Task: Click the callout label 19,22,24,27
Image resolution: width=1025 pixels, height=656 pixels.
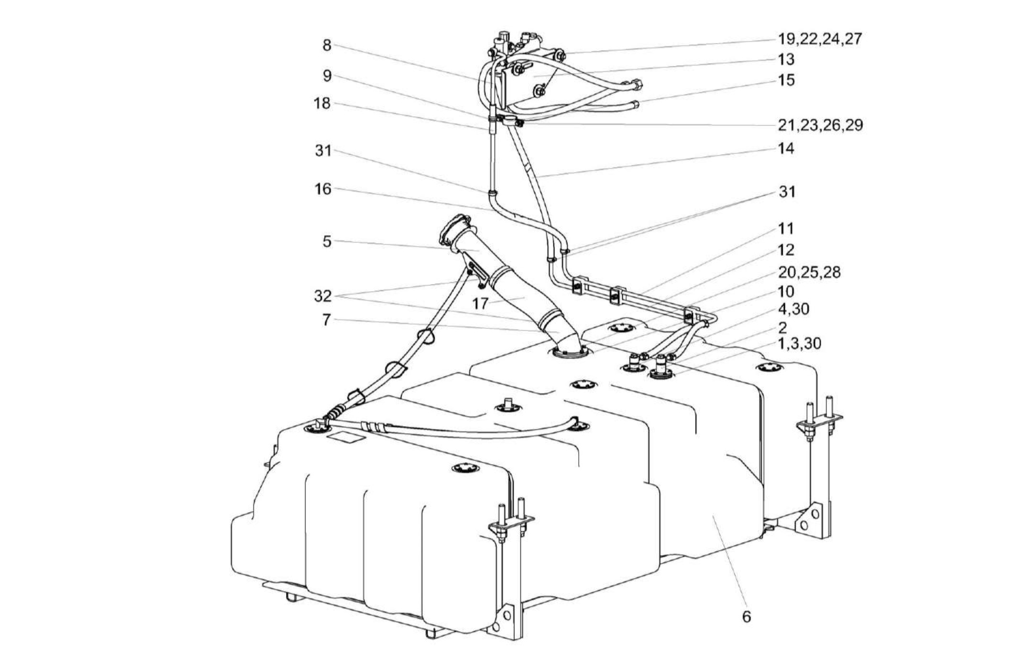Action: click(820, 38)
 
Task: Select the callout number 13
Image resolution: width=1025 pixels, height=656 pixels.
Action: click(786, 59)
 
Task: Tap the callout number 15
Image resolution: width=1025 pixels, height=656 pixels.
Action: click(786, 80)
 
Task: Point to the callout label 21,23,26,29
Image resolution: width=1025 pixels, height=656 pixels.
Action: click(820, 125)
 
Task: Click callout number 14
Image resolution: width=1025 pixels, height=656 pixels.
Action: click(786, 148)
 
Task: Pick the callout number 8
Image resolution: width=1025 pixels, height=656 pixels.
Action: click(327, 45)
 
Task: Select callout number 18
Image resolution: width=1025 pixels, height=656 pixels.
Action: click(322, 103)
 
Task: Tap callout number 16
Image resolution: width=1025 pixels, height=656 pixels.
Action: click(323, 189)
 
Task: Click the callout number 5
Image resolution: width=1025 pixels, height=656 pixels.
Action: click(327, 241)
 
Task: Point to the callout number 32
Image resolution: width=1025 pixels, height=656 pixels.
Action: click(323, 296)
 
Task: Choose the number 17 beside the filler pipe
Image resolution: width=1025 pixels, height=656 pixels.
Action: click(480, 303)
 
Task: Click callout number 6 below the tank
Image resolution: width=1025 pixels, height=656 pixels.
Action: click(746, 617)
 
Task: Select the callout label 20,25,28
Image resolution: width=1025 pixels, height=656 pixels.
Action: click(809, 272)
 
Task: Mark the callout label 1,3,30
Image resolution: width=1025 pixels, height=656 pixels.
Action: click(799, 343)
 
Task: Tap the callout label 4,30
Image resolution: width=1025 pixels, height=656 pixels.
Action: click(794, 309)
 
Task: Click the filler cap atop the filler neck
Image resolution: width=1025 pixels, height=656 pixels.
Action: click(452, 229)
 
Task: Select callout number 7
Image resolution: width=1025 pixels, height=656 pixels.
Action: click(326, 320)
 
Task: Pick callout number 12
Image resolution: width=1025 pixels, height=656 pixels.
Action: click(786, 250)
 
